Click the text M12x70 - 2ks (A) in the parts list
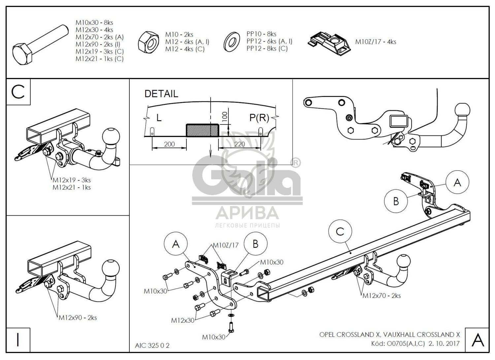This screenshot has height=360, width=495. coord(99,37)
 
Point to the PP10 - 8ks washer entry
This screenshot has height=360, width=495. coord(261,34)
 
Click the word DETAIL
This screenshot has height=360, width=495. coord(161,94)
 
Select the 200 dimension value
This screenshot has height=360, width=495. coord(169,144)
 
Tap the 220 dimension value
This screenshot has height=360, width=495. coord(240,144)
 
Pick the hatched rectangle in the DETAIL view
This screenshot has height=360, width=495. coord(202,130)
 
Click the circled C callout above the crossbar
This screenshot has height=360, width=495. coord(340,232)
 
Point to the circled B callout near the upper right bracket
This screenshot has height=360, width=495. coord(396,201)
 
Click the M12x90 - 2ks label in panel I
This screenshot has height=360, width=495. coord(78,318)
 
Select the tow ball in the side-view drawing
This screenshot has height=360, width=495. coord(462,110)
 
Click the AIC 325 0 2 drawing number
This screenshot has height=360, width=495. coord(152,345)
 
